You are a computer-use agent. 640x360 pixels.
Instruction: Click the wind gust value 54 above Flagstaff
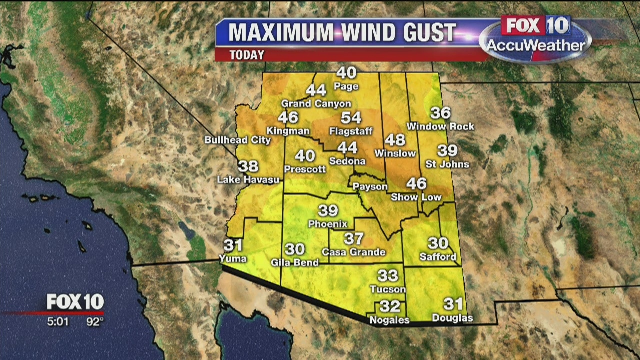pos(351,118)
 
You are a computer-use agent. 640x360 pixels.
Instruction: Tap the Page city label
pos(346,87)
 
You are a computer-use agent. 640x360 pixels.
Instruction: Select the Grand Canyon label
pos(316,104)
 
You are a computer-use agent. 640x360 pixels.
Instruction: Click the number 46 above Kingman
pos(288,118)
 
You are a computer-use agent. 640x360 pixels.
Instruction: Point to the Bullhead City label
pos(237,140)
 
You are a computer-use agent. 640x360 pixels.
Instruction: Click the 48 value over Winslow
pos(395,140)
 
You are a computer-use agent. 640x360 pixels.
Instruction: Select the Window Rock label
pos(440,127)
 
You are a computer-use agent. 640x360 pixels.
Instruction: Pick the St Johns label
pos(447,164)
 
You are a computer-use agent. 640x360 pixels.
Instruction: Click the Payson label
pos(370,187)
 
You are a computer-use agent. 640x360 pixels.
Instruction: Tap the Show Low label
pos(416,197)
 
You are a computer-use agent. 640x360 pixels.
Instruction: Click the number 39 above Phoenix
pos(328,211)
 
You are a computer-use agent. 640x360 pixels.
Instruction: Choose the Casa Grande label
pos(354,252)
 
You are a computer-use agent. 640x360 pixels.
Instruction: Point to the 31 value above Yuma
pos(233,245)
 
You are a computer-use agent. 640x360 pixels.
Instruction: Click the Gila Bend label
pos(294,262)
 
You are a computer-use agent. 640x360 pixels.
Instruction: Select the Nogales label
pos(389,320)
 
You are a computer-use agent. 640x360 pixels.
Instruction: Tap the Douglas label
pos(452,318)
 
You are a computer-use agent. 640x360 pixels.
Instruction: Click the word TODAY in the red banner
pos(247,55)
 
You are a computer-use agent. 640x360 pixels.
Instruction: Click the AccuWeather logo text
pos(535,46)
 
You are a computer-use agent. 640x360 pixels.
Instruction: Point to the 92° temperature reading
pos(95,322)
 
